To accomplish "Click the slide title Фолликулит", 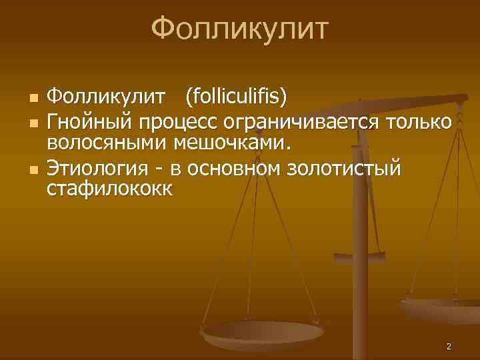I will pos(240,29).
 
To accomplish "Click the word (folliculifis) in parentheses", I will pos(237,99).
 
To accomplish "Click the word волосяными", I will pos(107,143).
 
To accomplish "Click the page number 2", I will pos(449,347).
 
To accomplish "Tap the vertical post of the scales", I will pos(363,220).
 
